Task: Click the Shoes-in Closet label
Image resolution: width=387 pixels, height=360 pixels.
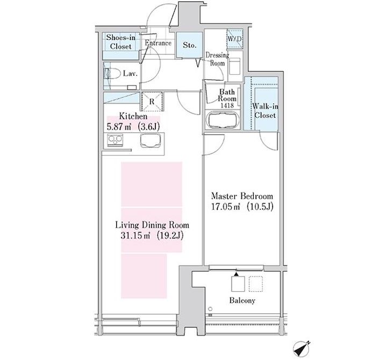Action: pyautogui.click(x=121, y=42)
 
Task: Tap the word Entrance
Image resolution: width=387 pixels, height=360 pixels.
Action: pyautogui.click(x=158, y=43)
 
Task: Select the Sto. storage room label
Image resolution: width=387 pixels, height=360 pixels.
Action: pyautogui.click(x=190, y=45)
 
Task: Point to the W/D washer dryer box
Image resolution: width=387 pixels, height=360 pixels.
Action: pyautogui.click(x=235, y=39)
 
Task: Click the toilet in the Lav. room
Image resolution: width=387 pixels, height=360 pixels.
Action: pyautogui.click(x=112, y=73)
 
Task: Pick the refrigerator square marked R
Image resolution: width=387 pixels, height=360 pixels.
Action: pyautogui.click(x=152, y=101)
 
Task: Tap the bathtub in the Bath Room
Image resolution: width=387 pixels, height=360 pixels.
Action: pyautogui.click(x=223, y=120)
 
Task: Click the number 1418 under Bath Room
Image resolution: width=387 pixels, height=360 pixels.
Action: pyautogui.click(x=227, y=105)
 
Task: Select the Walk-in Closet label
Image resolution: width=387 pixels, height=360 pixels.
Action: pyautogui.click(x=265, y=111)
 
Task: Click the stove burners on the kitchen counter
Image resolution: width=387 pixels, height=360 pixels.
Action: pyautogui.click(x=115, y=140)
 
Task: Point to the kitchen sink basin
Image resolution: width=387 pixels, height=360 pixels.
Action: pyautogui.click(x=150, y=140)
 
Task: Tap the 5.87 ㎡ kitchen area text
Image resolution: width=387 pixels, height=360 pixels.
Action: pyautogui.click(x=118, y=127)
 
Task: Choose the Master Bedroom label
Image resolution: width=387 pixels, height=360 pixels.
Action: pyautogui.click(x=242, y=196)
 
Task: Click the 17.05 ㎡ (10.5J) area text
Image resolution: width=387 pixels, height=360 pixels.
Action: pyautogui.click(x=242, y=207)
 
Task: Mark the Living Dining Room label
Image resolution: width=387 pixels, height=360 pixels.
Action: pyautogui.click(x=152, y=225)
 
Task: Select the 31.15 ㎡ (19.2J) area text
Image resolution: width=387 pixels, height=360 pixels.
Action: pyautogui.click(x=152, y=236)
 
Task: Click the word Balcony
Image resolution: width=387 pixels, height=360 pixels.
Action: pyautogui.click(x=242, y=300)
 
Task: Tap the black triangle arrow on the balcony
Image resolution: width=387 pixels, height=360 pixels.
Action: pyautogui.click(x=236, y=274)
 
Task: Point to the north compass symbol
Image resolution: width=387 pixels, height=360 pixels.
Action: pyautogui.click(x=302, y=349)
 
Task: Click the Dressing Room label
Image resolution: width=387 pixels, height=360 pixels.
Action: pyautogui.click(x=217, y=59)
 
